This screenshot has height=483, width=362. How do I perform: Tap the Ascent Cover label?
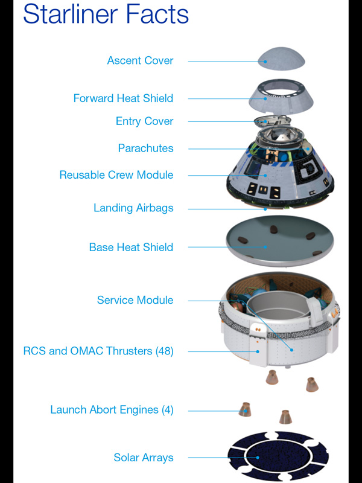140,60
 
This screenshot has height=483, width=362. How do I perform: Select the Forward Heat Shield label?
123,98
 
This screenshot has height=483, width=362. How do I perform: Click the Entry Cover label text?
144,121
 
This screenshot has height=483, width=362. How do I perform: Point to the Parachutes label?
145,148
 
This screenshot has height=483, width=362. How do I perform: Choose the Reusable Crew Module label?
116,174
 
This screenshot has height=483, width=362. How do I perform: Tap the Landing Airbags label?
133,208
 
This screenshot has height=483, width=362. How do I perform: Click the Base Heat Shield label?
131,247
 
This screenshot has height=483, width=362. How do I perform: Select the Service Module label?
135,300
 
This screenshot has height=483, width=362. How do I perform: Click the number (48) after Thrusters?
164,351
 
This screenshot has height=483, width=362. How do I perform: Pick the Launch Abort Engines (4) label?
112,410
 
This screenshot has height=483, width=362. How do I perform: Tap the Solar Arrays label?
144,458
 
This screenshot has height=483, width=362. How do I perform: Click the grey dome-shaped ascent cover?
281,59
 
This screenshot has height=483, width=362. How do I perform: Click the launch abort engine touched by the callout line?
245,410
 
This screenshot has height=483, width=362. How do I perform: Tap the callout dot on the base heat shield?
265,247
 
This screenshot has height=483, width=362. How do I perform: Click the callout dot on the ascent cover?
265,62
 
